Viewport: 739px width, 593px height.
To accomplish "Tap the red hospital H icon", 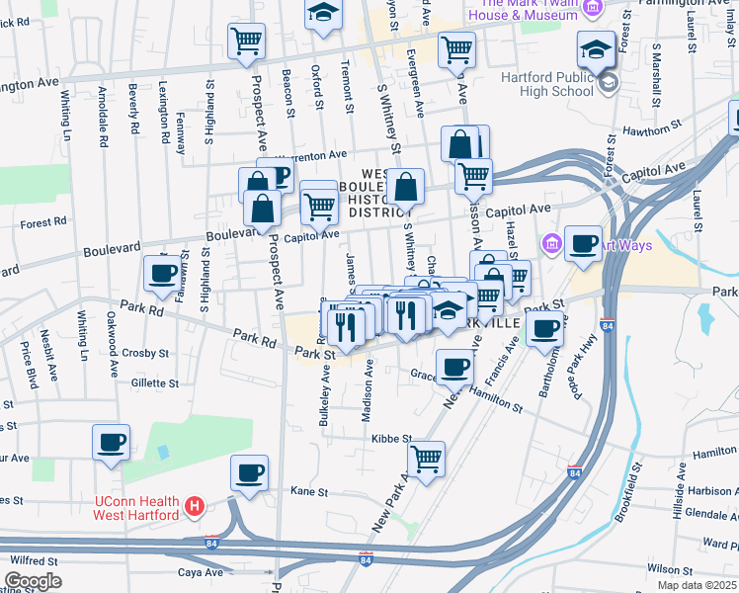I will point(196,507).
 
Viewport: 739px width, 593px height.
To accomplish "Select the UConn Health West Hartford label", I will point(136,507).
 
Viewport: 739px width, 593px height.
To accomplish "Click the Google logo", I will point(34,580).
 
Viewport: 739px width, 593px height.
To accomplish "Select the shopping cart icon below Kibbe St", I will point(426,458).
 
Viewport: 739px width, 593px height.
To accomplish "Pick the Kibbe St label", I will point(390,438).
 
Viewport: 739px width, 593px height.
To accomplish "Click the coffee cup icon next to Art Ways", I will point(584,242).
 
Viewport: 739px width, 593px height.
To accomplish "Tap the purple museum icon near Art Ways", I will point(550,242).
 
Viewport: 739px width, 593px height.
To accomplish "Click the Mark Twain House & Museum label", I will point(524,10).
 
